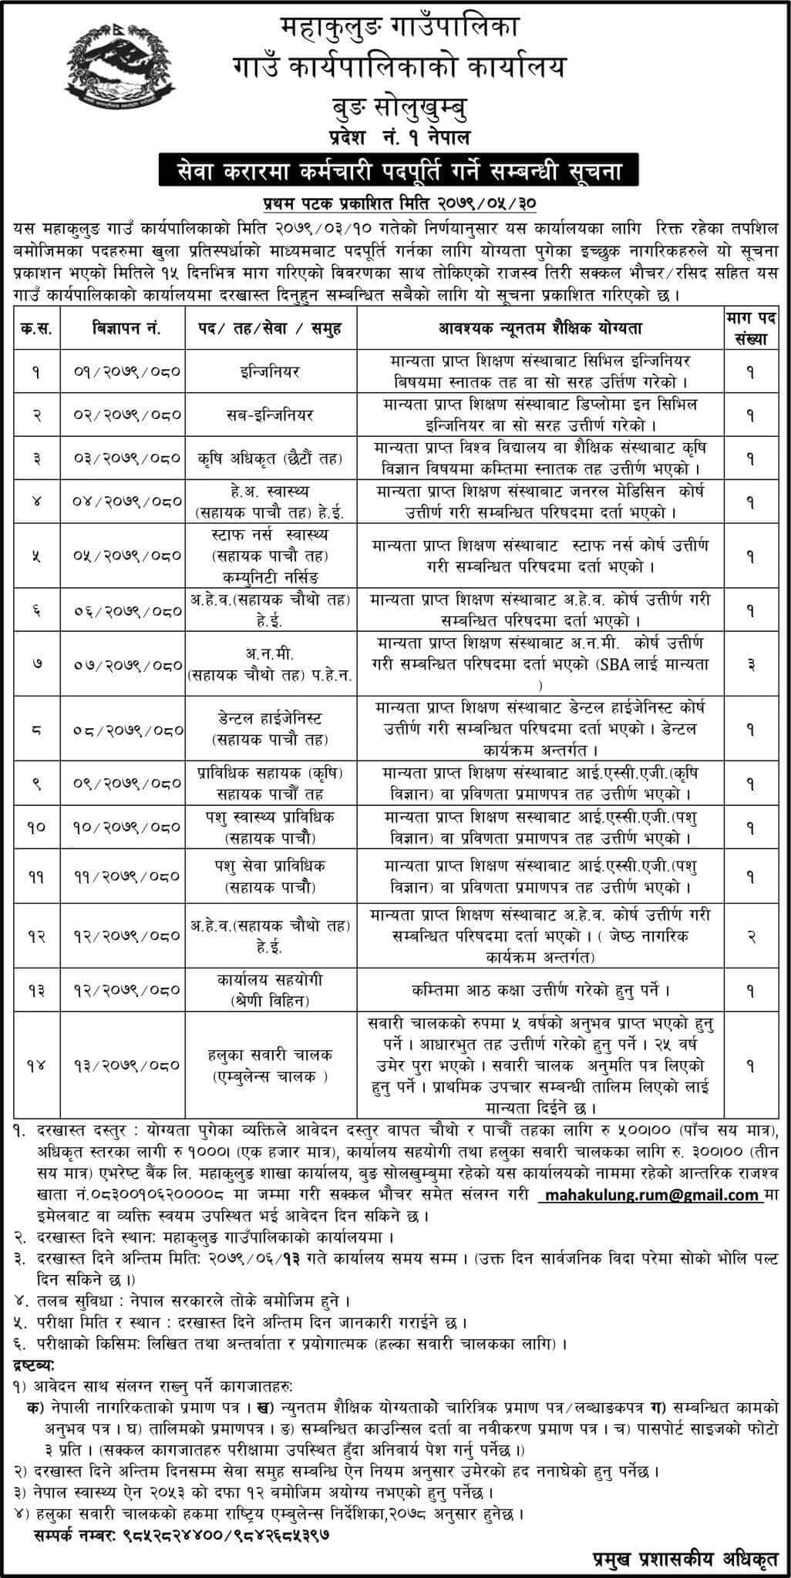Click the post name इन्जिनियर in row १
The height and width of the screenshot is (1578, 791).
point(268,371)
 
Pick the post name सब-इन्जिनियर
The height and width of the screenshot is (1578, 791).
point(268,415)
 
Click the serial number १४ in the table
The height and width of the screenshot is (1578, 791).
point(37,1065)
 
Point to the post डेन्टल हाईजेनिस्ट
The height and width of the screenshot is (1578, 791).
point(268,718)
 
